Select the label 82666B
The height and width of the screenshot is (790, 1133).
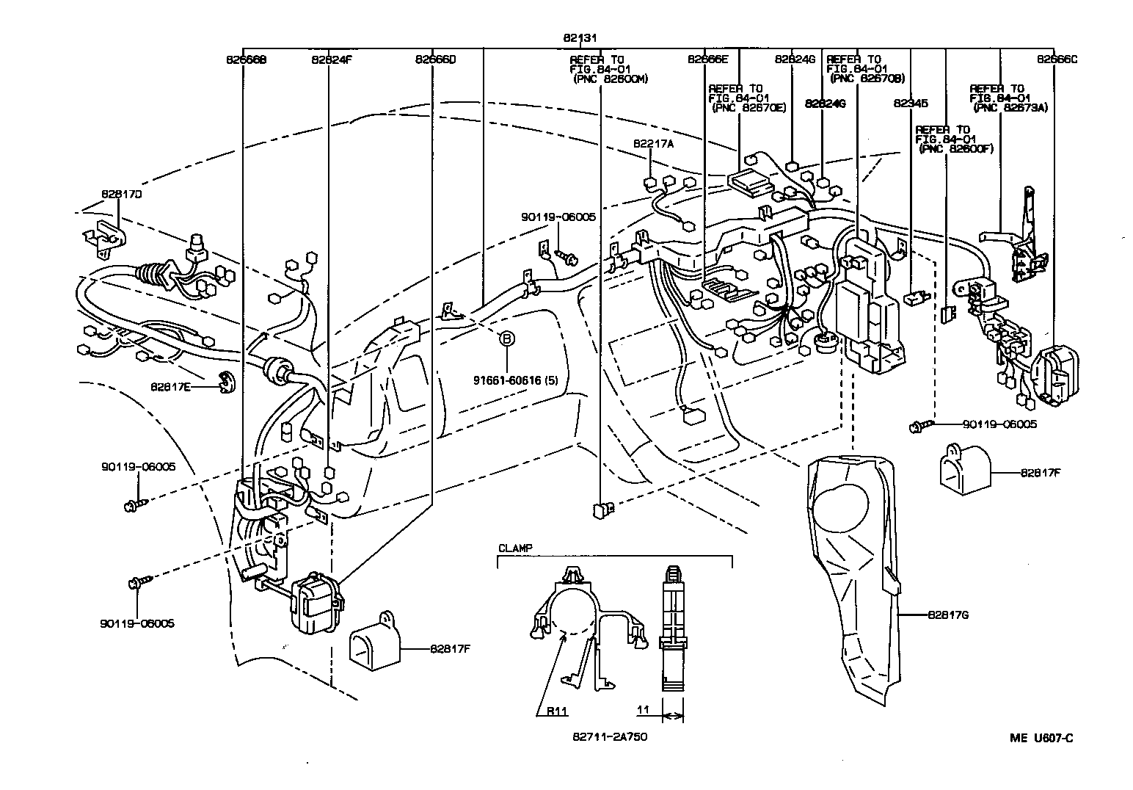point(246,59)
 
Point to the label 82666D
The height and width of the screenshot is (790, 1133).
point(435,59)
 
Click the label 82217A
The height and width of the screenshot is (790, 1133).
point(653,145)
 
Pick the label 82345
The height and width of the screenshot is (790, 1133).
point(911,104)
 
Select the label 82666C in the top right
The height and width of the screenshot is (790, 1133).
point(1057,59)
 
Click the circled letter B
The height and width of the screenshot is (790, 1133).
point(506,338)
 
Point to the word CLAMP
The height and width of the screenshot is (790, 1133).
point(516,548)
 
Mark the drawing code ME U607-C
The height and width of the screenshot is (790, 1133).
point(1041,738)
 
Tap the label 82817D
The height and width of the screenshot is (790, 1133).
point(122,195)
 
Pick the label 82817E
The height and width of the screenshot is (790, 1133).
point(171,386)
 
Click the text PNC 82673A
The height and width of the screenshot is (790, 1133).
point(1011,107)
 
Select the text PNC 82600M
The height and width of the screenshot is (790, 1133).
point(611,79)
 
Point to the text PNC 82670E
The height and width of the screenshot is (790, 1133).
point(748,107)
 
